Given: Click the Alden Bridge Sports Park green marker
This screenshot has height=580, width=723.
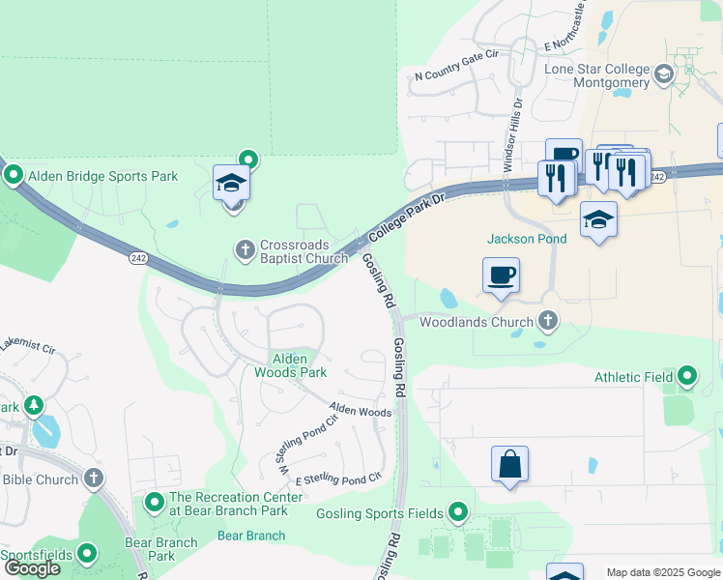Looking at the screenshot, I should pyautogui.click(x=14, y=176).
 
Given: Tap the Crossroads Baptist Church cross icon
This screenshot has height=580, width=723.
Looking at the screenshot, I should pyautogui.click(x=245, y=250).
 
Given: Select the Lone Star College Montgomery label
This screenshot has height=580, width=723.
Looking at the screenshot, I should pyautogui.click(x=596, y=76).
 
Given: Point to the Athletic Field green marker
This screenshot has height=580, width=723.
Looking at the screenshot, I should pyautogui.click(x=687, y=374).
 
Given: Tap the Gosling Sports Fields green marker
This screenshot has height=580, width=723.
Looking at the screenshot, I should pyautogui.click(x=458, y=512).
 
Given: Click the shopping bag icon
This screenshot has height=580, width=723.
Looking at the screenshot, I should pyautogui.click(x=509, y=465).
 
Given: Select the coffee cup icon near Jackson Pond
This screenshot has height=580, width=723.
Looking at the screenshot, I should pyautogui.click(x=501, y=275).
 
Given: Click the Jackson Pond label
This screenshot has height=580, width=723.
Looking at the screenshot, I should pyautogui.click(x=526, y=239).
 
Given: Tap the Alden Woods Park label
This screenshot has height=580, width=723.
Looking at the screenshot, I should pyautogui.click(x=290, y=365).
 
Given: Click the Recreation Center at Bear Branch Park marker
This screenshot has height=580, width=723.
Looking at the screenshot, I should pyautogui.click(x=155, y=503).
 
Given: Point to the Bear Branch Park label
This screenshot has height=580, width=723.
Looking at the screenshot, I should pyautogui.click(x=160, y=549).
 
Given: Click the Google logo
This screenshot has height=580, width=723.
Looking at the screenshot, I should pyautogui.click(x=33, y=568).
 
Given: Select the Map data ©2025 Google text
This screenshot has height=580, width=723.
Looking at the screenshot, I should pyautogui.click(x=663, y=572).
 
